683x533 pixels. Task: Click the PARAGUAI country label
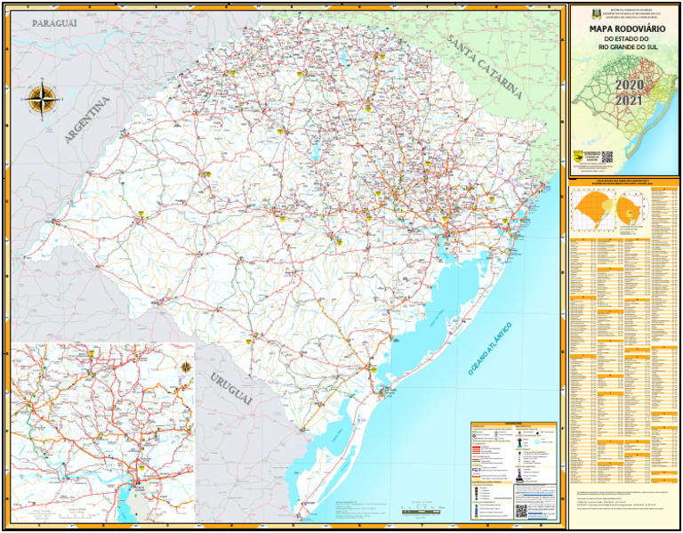[54, 22]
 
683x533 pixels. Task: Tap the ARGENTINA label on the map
[86, 121]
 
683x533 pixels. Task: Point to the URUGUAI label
[231, 390]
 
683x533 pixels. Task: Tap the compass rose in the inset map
[186, 367]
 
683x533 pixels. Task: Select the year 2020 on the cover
[629, 85]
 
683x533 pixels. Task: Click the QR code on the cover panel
[607, 157]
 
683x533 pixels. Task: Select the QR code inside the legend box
[521, 510]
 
